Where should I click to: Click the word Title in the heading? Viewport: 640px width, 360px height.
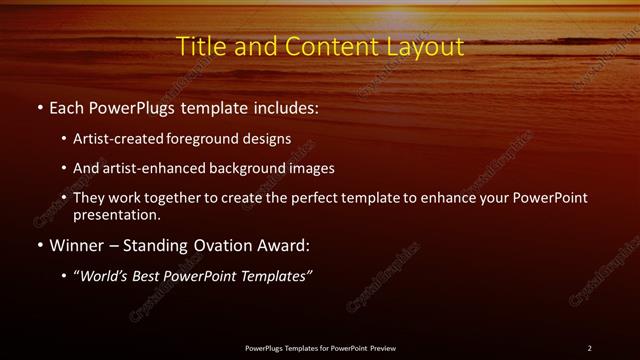[x=201, y=46]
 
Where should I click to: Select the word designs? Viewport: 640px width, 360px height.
[x=268, y=139]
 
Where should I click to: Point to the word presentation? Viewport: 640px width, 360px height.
[x=117, y=214]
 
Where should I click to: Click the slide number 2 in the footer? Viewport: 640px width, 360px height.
[x=590, y=347]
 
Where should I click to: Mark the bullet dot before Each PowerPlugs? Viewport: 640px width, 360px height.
[x=39, y=105]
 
